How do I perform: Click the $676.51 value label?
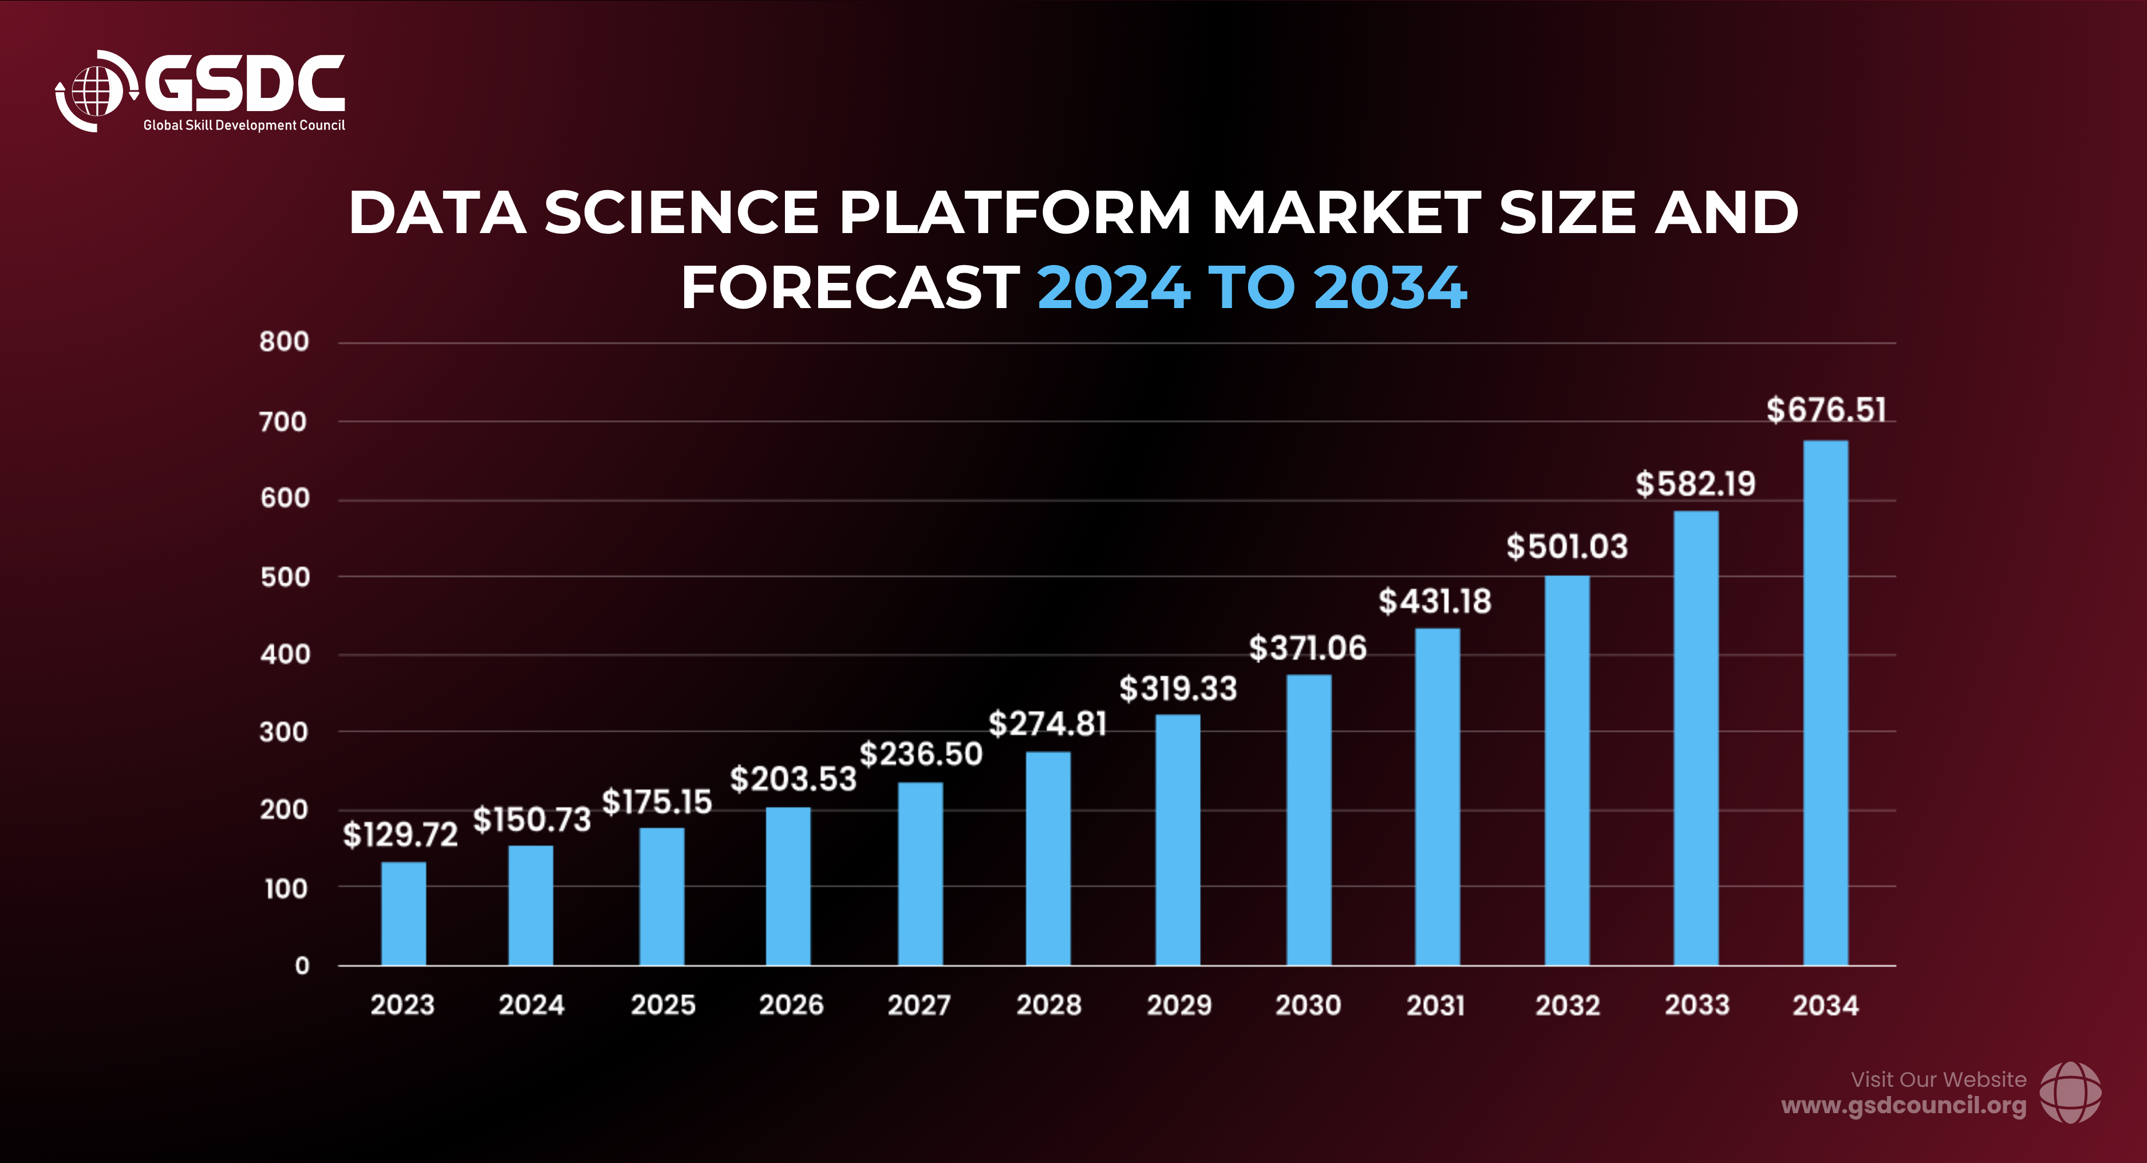tap(1825, 410)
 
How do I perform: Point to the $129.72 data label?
tap(400, 834)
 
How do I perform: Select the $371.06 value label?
tap(1307, 648)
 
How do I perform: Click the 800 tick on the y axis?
tap(284, 342)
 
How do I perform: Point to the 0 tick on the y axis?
tap(302, 965)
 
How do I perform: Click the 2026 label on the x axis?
tap(791, 1004)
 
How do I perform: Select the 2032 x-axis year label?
tap(1567, 1004)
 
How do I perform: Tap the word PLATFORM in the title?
tap(1015, 212)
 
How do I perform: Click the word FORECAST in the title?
tap(850, 287)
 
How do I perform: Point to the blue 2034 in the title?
tap(1390, 287)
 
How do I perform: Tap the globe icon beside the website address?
tap(2070, 1092)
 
